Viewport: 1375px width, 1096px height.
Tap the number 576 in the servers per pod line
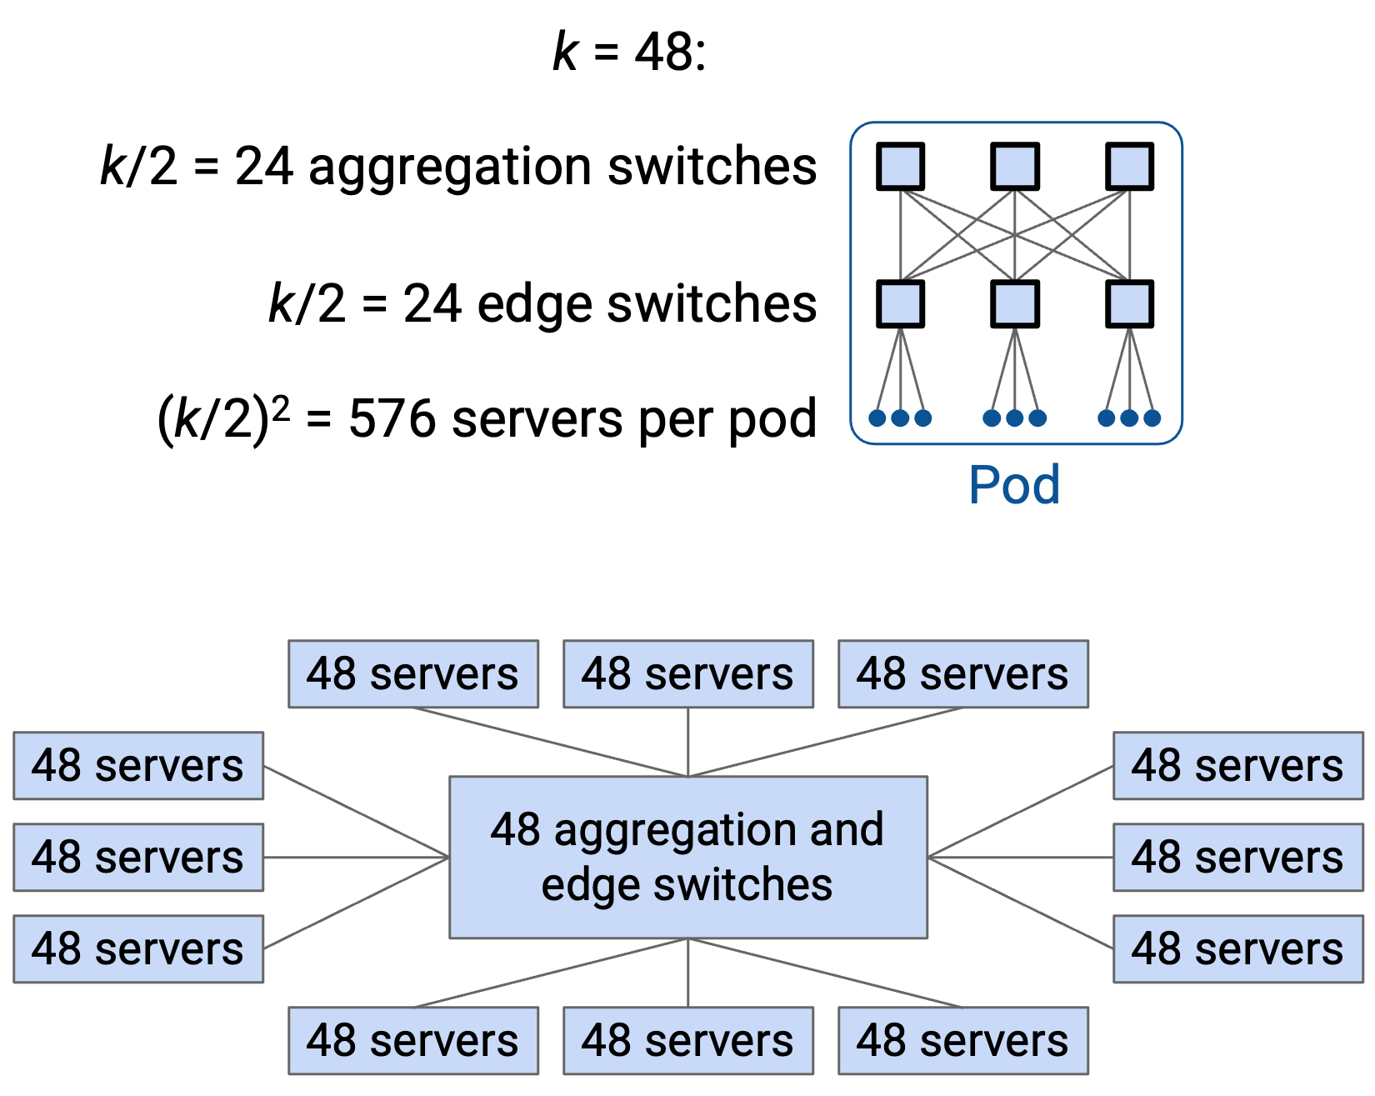coord(392,418)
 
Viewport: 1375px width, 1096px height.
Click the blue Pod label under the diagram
coord(1014,484)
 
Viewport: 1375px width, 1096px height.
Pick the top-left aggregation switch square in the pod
coord(900,166)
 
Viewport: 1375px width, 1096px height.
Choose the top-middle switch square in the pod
coord(1014,166)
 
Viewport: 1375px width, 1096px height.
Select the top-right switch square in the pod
coord(1129,166)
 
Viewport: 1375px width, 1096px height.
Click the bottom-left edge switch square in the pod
coord(900,303)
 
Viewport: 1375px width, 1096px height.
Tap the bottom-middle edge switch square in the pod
coord(1014,303)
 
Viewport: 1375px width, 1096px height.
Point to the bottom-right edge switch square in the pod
coord(1129,303)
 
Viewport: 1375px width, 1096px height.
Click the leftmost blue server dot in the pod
coord(877,418)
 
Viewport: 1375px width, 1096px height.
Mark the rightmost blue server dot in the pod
coord(1152,418)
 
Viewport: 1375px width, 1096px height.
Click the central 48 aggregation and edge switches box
coord(688,858)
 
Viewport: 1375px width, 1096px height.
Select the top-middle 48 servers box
coord(688,674)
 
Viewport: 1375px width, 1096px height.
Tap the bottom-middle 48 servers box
coord(688,1041)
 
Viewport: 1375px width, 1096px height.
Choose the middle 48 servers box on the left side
coord(138,858)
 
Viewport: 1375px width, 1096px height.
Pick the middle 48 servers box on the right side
coord(1238,858)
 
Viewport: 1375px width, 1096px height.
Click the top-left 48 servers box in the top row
coord(413,674)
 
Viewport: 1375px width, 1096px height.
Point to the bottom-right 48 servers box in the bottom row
coord(963,1041)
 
